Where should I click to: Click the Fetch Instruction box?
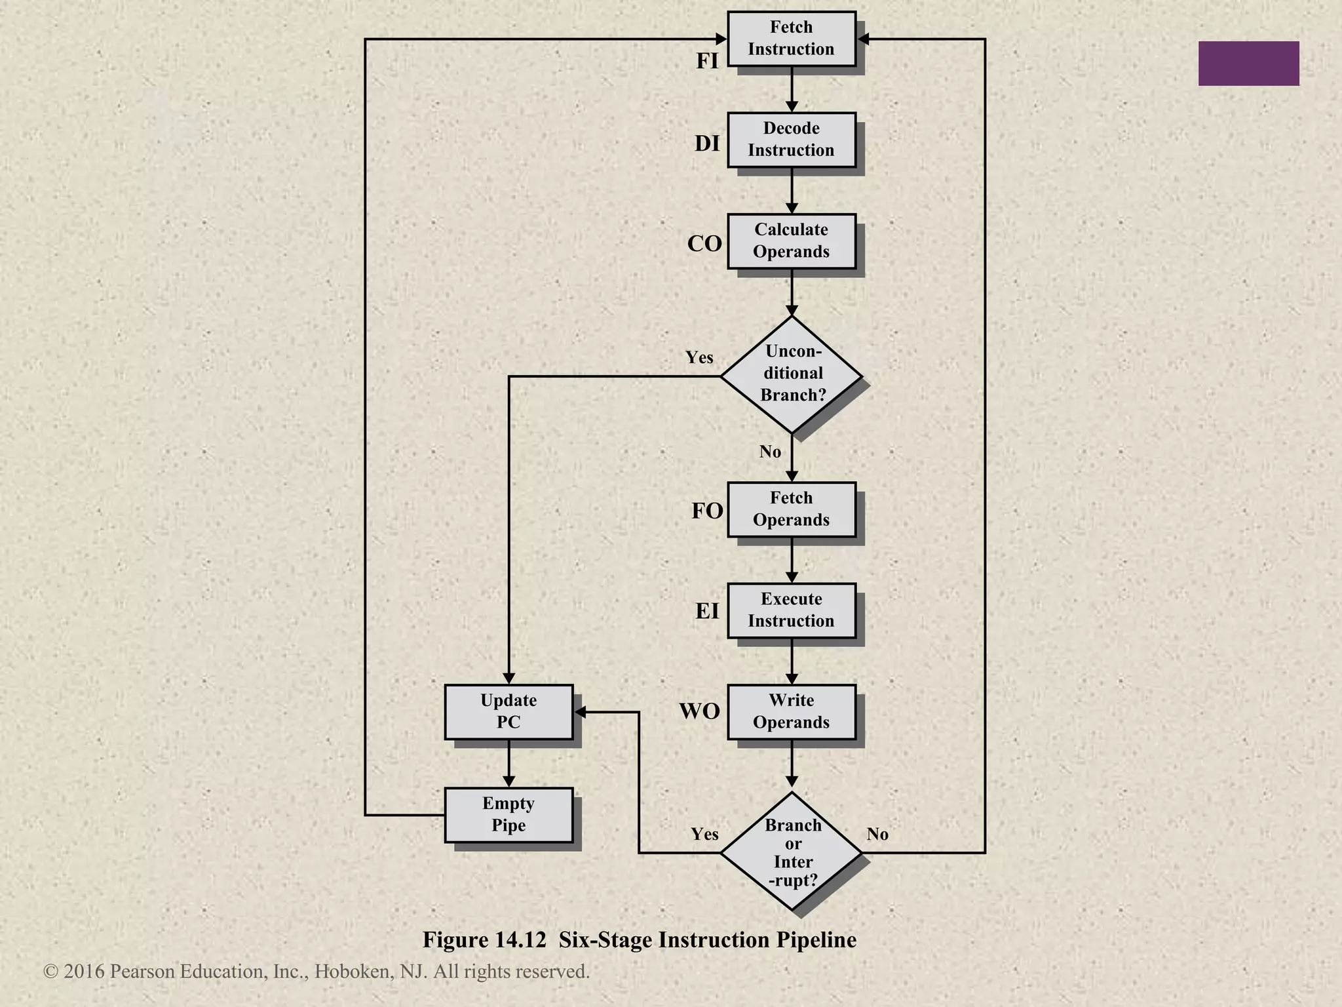point(791,39)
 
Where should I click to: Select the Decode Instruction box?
point(791,140)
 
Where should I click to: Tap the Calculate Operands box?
point(791,241)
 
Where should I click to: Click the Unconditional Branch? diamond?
point(792,374)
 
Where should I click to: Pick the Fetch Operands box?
point(791,509)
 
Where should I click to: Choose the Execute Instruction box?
point(791,610)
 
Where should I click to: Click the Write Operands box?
point(791,712)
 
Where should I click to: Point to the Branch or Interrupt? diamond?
point(792,852)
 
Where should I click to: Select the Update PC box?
point(508,712)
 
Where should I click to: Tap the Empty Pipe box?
point(508,815)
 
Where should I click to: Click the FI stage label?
point(707,61)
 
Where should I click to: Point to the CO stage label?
point(704,244)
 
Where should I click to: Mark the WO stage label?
point(699,711)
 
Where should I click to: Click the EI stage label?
point(707,611)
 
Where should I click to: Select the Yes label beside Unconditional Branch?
point(699,358)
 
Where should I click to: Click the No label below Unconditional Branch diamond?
point(770,452)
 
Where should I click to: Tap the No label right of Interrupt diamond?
point(877,834)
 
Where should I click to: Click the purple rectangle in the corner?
point(1248,64)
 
